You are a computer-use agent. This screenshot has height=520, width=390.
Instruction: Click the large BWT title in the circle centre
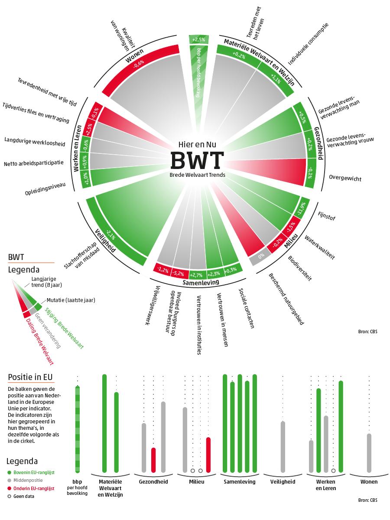tap(197, 160)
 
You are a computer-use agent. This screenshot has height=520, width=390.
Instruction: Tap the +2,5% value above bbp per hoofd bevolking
tap(199, 40)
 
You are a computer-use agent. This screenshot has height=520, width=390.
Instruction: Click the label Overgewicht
tap(345, 178)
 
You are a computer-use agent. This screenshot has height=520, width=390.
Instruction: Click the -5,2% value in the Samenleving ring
tap(178, 273)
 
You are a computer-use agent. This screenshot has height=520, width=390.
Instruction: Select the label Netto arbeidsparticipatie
tap(34, 164)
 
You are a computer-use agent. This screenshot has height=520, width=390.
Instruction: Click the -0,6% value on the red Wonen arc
tap(139, 65)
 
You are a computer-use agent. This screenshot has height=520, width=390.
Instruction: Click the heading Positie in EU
tap(30, 377)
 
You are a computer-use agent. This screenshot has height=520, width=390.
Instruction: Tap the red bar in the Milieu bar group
tap(208, 455)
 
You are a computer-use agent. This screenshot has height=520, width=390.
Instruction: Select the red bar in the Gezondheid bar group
tap(153, 460)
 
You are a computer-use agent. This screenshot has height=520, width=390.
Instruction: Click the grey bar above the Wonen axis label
tap(369, 453)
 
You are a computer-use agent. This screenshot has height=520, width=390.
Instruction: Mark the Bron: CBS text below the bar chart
tap(367, 500)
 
